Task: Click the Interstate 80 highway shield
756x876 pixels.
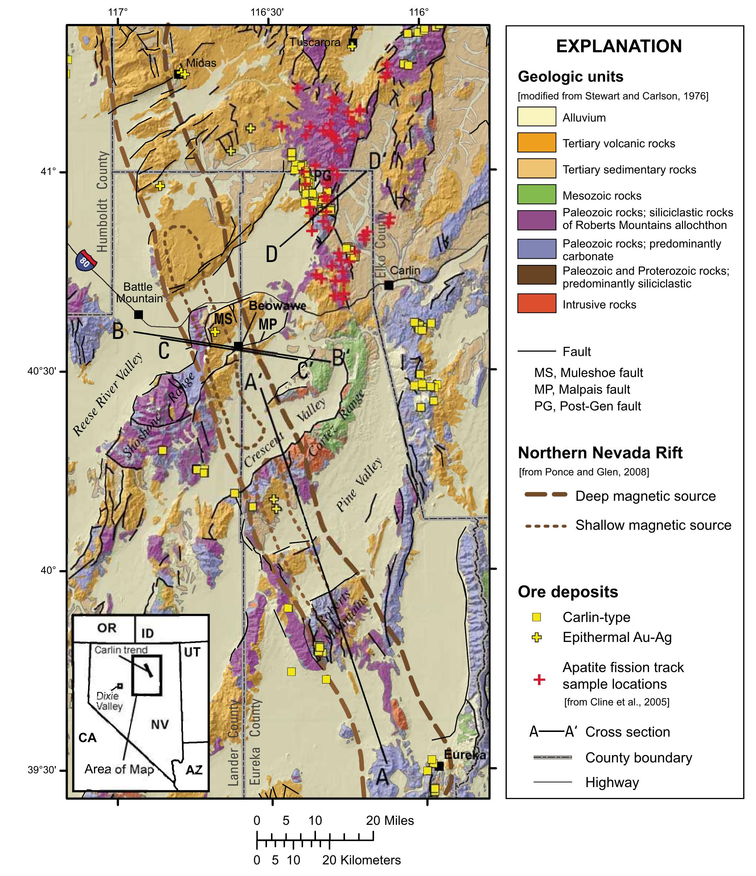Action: coord(86,261)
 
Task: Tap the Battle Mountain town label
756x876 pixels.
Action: coord(139,292)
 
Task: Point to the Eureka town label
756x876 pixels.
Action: coord(464,755)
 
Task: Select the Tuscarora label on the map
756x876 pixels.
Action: coord(315,42)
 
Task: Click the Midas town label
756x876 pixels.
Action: coord(201,63)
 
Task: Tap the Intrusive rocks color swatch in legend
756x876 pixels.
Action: coord(536,304)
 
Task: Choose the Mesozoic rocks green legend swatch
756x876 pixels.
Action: coord(536,195)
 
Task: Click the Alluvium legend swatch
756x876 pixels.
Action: coord(536,117)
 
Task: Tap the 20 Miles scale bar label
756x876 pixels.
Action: coord(390,820)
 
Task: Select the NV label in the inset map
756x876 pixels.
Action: coord(160,724)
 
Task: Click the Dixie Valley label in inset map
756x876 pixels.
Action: coord(108,701)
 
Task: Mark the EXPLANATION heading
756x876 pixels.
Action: coord(618,46)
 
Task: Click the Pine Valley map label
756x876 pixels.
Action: coord(359,484)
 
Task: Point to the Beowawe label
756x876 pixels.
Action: coord(277,305)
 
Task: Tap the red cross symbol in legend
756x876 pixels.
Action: coord(539,680)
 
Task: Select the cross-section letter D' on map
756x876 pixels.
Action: coord(375,161)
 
